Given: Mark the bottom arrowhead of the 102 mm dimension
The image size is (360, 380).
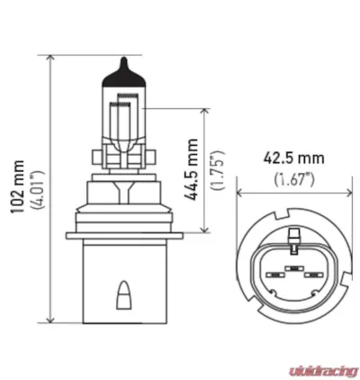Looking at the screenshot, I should pos(52,319).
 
